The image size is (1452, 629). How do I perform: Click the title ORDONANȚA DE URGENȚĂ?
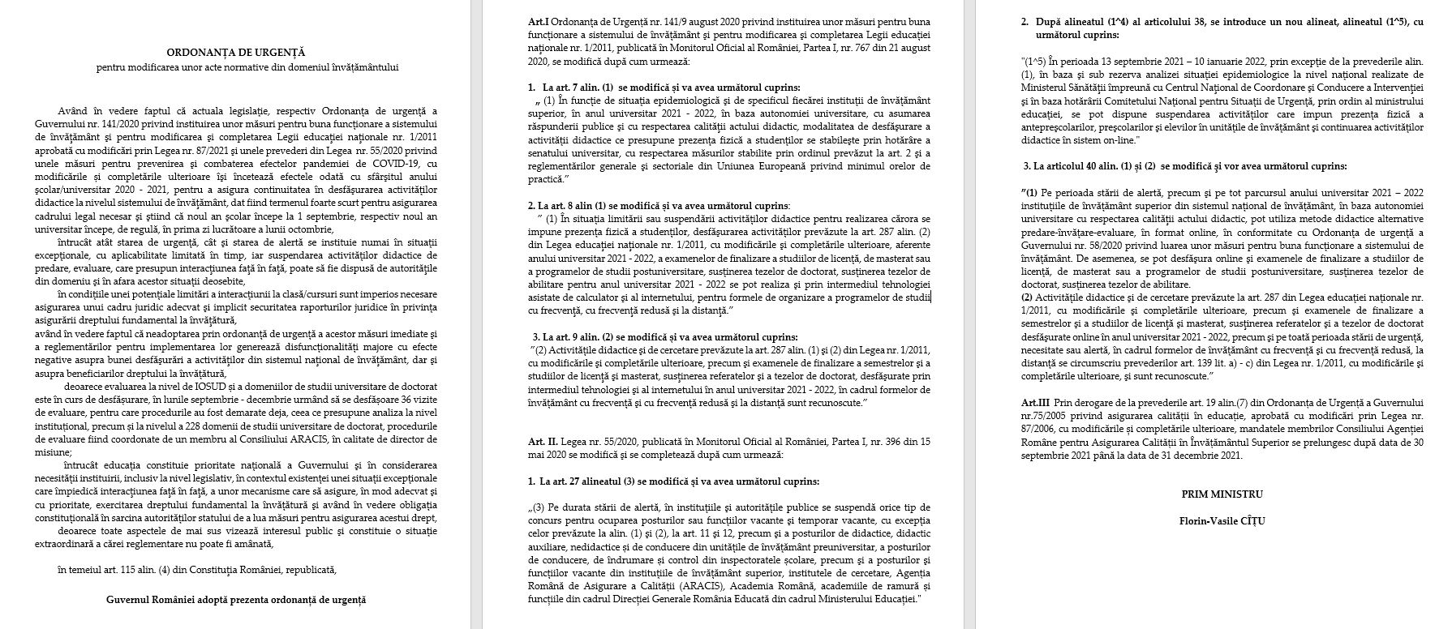(247, 52)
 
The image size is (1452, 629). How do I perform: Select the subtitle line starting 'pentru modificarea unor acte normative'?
(247, 67)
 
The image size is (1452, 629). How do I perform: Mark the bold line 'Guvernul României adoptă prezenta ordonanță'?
(236, 600)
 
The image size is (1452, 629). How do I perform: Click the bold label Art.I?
(538, 21)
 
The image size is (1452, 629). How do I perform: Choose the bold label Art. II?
(543, 442)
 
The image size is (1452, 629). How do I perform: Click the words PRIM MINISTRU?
(1222, 494)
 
